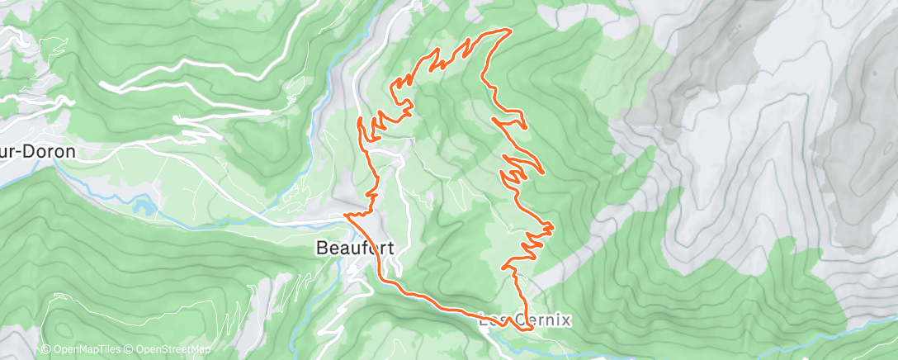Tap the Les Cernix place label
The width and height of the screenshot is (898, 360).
click(525, 320)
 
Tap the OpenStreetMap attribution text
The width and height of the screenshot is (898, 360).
click(173, 349)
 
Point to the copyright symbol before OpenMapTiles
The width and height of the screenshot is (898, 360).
click(45, 349)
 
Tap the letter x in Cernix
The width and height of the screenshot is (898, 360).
click(565, 320)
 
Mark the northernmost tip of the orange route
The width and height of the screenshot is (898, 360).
click(505, 30)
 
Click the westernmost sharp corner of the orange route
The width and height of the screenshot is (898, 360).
click(346, 216)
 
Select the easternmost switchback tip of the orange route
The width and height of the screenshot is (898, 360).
click(552, 226)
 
